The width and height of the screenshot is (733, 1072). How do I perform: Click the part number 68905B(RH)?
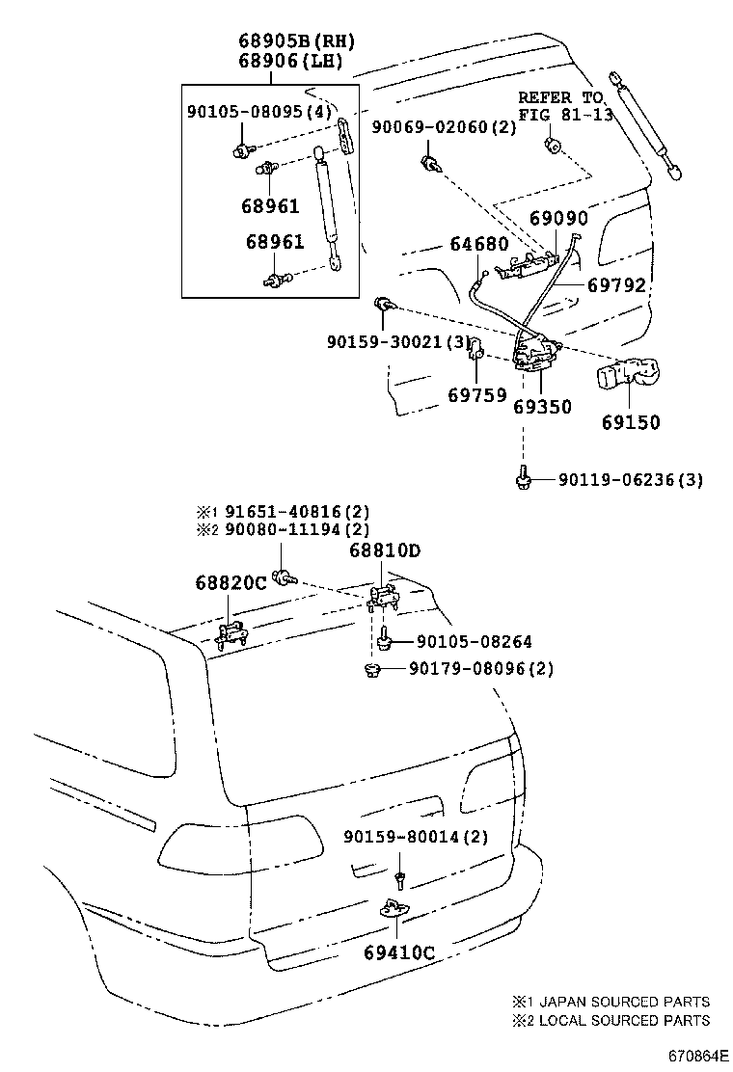point(297,41)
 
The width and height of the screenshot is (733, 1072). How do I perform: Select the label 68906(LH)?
point(297,62)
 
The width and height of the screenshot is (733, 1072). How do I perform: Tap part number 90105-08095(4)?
point(258,112)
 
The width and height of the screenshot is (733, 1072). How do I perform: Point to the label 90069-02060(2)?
point(444,127)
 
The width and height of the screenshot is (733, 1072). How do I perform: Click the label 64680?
point(479,245)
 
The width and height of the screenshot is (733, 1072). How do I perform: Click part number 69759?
point(477,395)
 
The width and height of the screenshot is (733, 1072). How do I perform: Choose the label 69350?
point(542,407)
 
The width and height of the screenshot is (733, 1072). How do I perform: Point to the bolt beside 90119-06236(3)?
point(522,479)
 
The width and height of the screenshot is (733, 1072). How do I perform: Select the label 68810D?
point(385,550)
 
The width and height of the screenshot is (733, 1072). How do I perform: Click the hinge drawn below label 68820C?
point(231,634)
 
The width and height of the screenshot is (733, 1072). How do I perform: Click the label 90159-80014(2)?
point(416,838)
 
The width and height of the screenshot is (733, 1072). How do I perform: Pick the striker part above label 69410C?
point(396,908)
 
